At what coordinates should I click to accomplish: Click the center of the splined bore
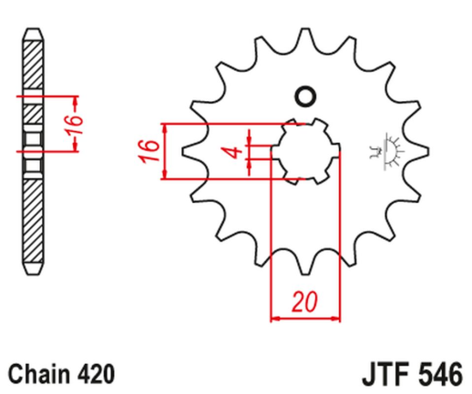pyautogui.click(x=304, y=150)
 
